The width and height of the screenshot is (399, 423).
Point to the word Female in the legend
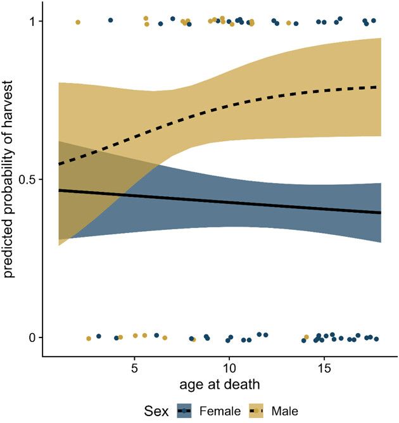click(219, 412)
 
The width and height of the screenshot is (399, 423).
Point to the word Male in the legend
click(286, 412)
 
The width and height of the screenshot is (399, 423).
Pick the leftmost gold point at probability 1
click(78, 22)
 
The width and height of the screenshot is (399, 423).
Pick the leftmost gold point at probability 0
click(89, 339)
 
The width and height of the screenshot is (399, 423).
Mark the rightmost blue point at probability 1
click(374, 21)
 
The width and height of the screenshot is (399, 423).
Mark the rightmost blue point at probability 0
click(376, 339)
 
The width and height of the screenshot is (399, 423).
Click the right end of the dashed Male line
click(381, 87)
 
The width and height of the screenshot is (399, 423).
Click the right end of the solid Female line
click(381, 213)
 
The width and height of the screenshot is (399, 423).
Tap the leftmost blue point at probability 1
click(110, 20)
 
